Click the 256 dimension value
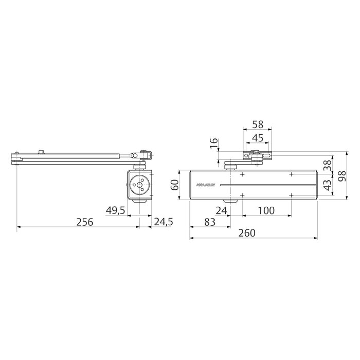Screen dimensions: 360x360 84,222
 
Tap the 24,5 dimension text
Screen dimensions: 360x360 164,222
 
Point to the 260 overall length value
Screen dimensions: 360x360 247,233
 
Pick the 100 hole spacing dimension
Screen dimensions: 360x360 265,210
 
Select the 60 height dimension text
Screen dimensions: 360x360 174,185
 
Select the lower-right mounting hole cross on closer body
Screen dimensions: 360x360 291,195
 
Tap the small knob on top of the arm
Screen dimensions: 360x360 42,152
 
